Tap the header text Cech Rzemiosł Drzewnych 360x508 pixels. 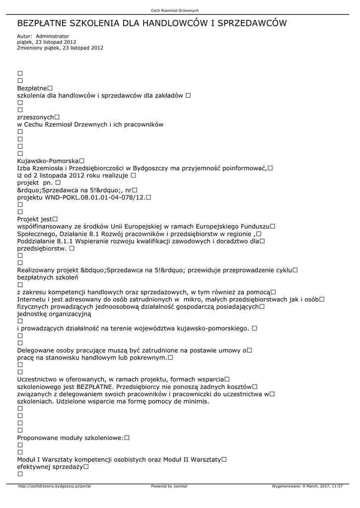[175, 11]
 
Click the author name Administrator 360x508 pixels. [53, 36]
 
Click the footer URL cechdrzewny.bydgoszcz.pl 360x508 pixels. [55, 486]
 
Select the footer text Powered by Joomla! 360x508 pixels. [169, 486]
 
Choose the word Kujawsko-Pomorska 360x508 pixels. [48, 161]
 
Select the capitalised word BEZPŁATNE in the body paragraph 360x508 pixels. [96, 386]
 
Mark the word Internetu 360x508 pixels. [35, 299]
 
